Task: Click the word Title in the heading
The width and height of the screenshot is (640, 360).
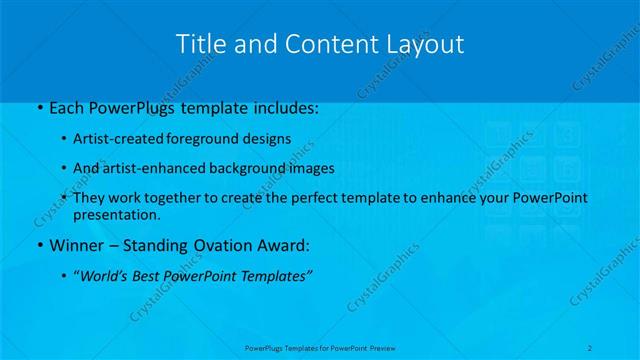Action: [x=198, y=44]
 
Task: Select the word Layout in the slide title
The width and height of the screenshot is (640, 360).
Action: [x=425, y=44]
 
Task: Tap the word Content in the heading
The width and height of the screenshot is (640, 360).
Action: [x=317, y=44]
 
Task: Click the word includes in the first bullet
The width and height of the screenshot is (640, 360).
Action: [x=284, y=106]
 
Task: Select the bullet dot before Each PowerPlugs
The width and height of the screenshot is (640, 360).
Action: [x=39, y=107]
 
